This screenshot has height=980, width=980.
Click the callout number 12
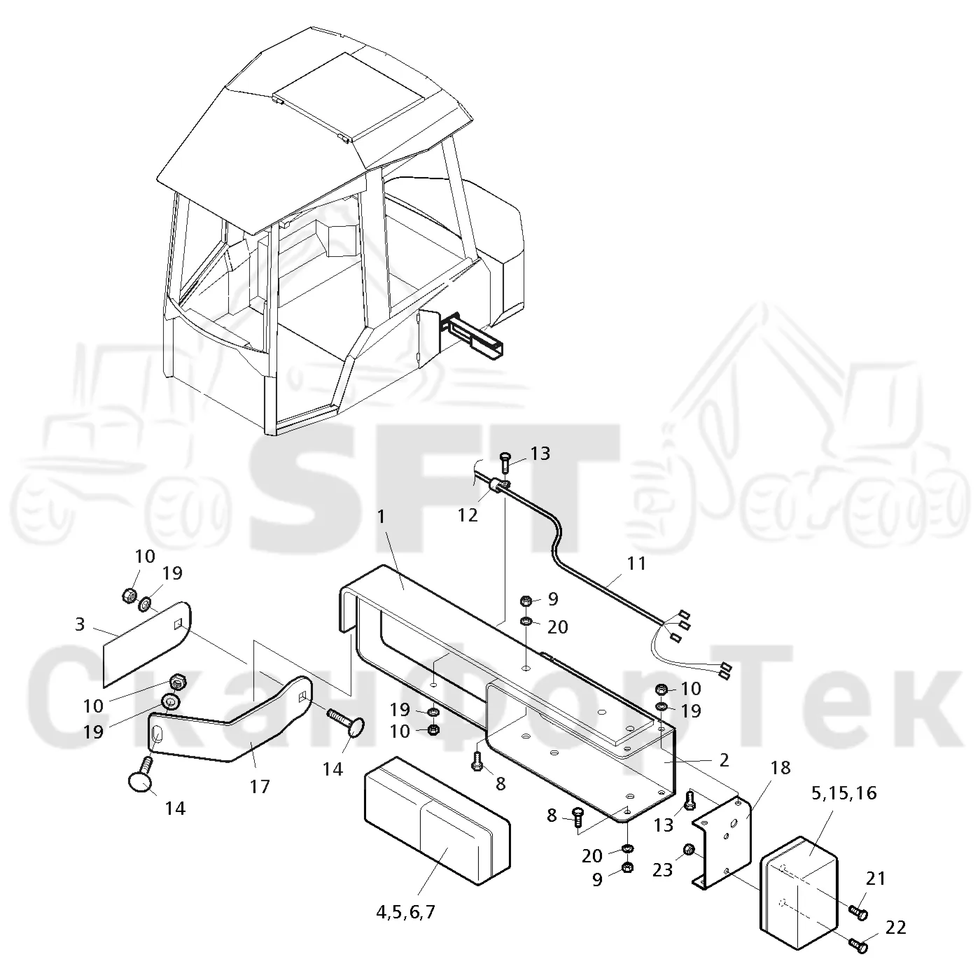(x=468, y=515)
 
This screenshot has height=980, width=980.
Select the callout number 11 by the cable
(x=636, y=563)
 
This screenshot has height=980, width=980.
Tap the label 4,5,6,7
(x=406, y=912)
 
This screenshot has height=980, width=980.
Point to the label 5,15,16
(x=844, y=793)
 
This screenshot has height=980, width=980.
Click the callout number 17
(x=260, y=787)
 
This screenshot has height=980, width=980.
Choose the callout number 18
(x=780, y=767)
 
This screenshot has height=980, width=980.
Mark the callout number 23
(x=663, y=870)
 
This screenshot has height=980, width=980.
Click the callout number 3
(x=80, y=624)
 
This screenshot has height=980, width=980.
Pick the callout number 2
(x=724, y=759)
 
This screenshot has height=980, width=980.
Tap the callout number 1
(x=381, y=517)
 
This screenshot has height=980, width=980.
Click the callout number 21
(x=876, y=878)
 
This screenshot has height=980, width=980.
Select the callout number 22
(x=895, y=927)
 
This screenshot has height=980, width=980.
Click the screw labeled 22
(x=858, y=944)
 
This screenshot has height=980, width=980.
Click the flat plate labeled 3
(x=147, y=643)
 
